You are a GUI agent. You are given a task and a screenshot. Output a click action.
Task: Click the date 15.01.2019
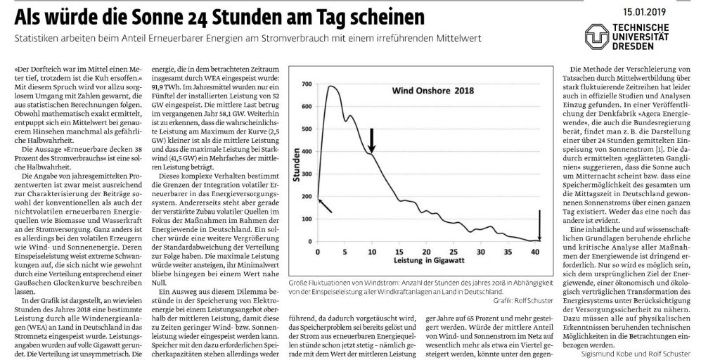(644, 13)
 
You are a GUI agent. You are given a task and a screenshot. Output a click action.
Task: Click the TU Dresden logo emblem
(597, 37)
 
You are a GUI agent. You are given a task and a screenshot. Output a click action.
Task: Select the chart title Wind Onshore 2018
(432, 91)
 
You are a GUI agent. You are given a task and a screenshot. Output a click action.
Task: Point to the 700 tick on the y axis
(307, 84)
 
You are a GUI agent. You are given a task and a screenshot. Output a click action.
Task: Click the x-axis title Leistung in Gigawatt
(428, 261)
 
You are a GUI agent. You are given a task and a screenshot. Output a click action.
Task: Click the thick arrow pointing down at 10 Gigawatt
(372, 140)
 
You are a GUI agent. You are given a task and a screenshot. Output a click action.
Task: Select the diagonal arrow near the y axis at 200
(325, 205)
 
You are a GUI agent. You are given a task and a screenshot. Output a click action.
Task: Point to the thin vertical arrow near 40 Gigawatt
(540, 225)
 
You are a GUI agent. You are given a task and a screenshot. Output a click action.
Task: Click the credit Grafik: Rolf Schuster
(522, 300)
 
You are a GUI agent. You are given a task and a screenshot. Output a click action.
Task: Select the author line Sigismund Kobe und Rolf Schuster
(635, 353)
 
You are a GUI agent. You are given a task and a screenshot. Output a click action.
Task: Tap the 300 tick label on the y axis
(307, 174)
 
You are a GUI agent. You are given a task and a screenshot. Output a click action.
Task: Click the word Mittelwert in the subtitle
(462, 39)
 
